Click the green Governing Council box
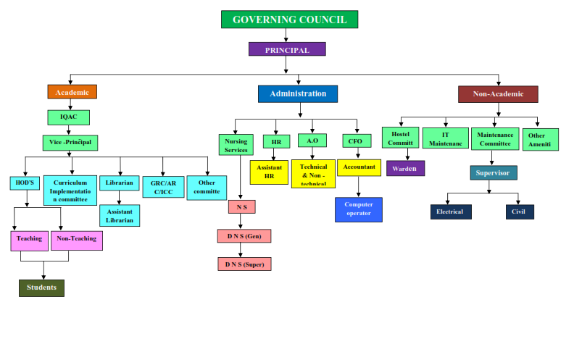click(x=289, y=20)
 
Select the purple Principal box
click(x=287, y=49)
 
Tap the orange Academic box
click(x=72, y=92)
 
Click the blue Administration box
click(x=297, y=94)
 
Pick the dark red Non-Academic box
click(x=498, y=94)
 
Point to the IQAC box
click(x=69, y=117)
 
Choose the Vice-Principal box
click(x=70, y=143)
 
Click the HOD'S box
click(x=25, y=183)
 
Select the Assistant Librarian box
click(x=120, y=216)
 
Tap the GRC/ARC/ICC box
click(x=162, y=187)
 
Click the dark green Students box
click(x=41, y=288)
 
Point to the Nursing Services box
click(x=236, y=145)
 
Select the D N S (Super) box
click(x=244, y=264)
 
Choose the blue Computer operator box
click(x=358, y=209)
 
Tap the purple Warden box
click(x=405, y=169)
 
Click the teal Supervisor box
click(x=493, y=172)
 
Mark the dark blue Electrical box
click(x=450, y=212)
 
